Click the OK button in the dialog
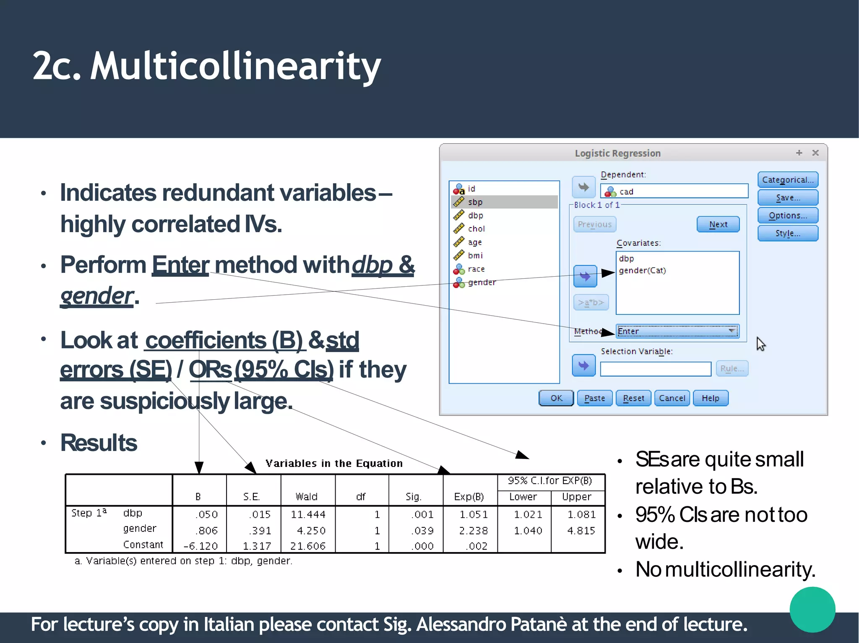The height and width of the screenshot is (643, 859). (556, 398)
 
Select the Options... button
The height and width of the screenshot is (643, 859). (787, 215)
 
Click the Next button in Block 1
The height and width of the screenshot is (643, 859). (718, 224)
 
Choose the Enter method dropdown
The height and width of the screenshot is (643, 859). (677, 331)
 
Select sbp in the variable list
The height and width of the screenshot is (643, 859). (475, 202)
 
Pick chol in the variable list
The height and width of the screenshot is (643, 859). (476, 229)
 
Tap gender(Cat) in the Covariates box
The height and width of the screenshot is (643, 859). (642, 270)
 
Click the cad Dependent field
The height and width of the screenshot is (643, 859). (674, 192)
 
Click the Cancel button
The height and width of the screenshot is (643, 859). (672, 398)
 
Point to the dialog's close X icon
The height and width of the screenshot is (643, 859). (815, 153)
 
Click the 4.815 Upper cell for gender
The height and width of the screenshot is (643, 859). (580, 531)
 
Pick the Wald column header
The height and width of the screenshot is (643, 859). (306, 497)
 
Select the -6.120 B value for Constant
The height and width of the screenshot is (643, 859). (200, 546)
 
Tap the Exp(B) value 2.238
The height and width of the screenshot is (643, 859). (473, 531)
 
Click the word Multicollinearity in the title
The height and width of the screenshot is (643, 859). (235, 66)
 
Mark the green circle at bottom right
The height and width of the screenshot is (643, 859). (812, 609)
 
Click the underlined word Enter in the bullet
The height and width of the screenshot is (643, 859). (180, 265)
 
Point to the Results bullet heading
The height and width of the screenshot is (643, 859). (99, 443)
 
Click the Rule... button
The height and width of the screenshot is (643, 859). (731, 368)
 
